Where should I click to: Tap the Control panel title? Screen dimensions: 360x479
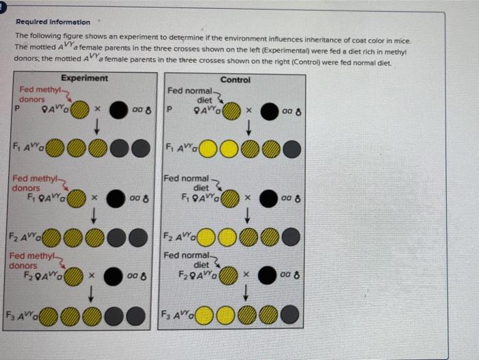pos(235,80)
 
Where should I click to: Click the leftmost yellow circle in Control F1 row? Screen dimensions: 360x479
pos(208,148)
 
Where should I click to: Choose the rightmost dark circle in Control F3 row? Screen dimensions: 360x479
pos(290,317)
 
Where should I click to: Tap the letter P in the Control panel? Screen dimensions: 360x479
pos(170,109)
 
